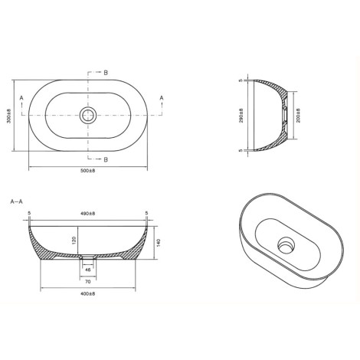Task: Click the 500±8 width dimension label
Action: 88,171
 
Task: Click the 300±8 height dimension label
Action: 8,116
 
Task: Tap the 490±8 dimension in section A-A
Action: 88,213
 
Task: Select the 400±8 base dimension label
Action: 88,293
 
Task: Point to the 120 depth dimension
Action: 74,241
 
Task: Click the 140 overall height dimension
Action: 158,243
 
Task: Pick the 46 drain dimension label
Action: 88,270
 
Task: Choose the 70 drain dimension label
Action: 88,282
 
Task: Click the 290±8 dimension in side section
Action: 241,116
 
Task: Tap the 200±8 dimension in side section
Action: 298,116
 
